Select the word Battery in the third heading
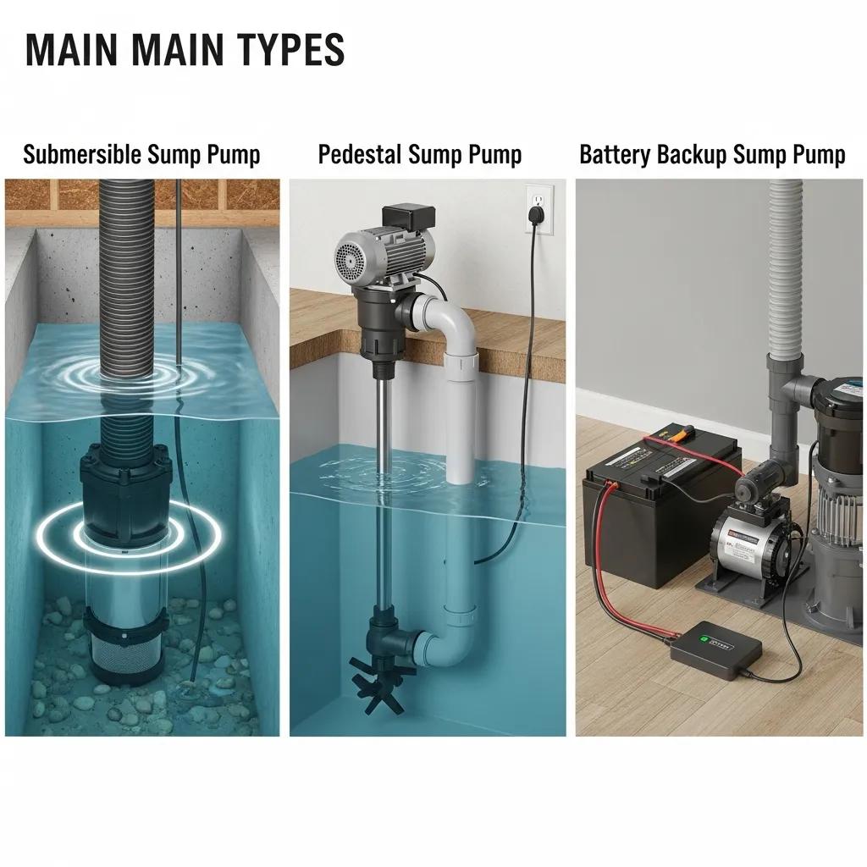coord(610,155)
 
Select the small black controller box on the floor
coord(715,644)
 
